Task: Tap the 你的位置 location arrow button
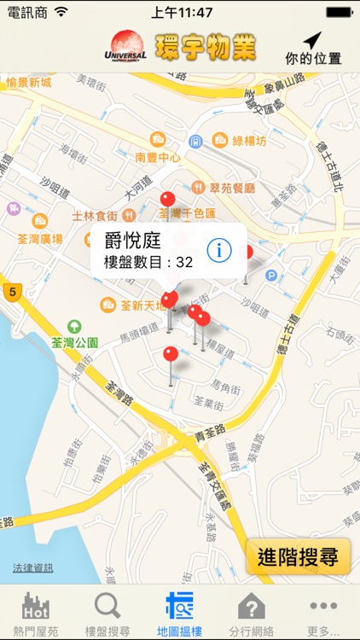[x=312, y=47]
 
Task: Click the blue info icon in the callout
[x=220, y=250]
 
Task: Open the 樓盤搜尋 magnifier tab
[x=107, y=613]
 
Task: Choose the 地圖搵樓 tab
[x=179, y=613]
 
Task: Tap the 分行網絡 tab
[x=251, y=613]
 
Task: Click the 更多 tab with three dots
[x=323, y=613]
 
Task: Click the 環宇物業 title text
[x=206, y=47]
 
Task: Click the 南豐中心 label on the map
[x=157, y=158]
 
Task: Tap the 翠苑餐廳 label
[x=232, y=187]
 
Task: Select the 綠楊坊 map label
[x=250, y=140]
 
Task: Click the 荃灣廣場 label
[x=40, y=239]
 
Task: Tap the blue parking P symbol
[x=271, y=276]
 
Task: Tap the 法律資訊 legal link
[x=32, y=567]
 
